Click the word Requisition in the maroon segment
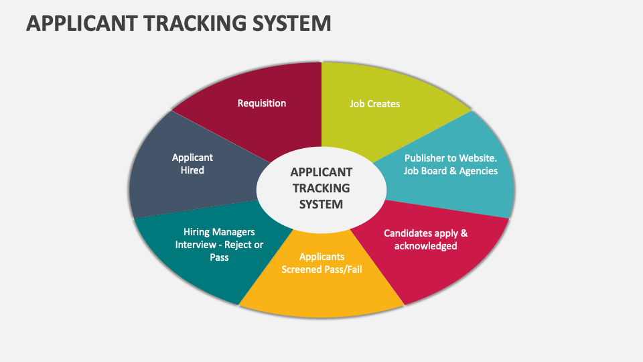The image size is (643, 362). click(x=262, y=103)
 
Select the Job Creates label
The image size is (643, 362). click(x=374, y=104)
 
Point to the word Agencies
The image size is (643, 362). click(x=478, y=171)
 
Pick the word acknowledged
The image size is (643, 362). click(x=426, y=246)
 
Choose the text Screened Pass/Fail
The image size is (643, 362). click(x=321, y=269)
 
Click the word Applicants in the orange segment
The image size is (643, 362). click(x=321, y=257)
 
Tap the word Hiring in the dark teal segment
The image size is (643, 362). click(x=196, y=232)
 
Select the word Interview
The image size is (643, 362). click(x=196, y=245)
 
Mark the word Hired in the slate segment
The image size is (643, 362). click(x=192, y=170)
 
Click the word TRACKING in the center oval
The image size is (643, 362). click(x=321, y=188)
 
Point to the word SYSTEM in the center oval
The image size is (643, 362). click(x=321, y=204)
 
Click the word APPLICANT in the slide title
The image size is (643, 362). click(x=82, y=23)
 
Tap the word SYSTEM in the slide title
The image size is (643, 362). click(x=291, y=23)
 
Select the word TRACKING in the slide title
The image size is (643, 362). click(x=194, y=23)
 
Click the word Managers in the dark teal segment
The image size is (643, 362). click(x=234, y=232)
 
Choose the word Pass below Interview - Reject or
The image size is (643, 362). click(x=219, y=257)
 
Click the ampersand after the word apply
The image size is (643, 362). click(x=464, y=233)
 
